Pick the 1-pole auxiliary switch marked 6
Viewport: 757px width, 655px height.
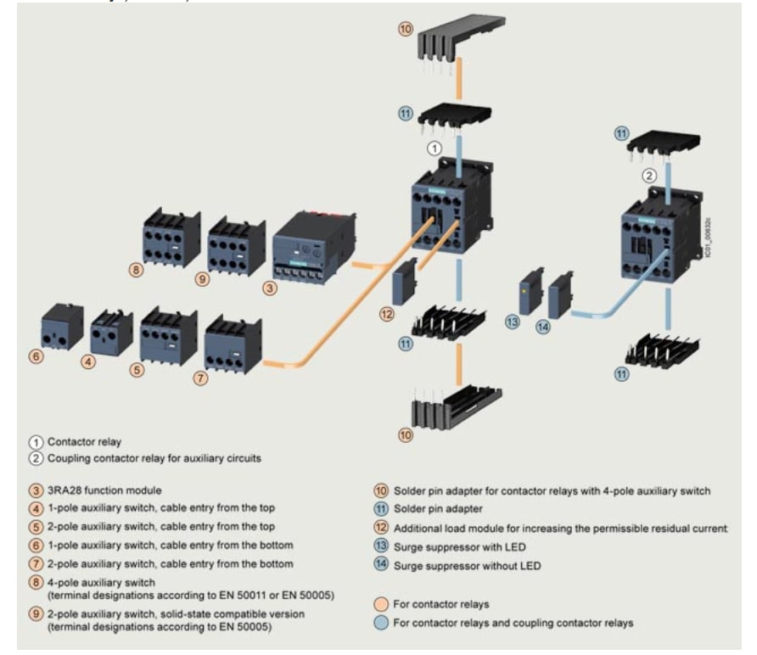point(62,327)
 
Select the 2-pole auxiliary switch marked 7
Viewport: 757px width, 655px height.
point(233,343)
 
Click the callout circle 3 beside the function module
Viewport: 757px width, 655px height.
point(269,288)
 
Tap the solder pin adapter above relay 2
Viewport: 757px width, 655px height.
point(662,149)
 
